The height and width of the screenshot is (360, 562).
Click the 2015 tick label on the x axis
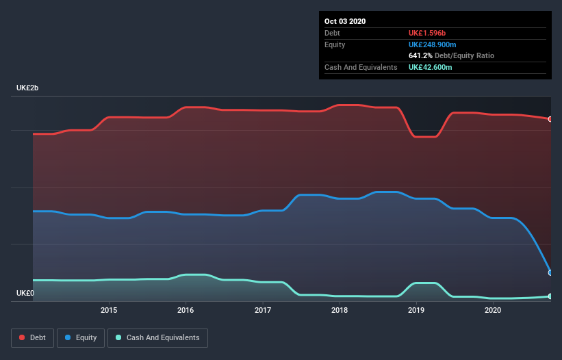tap(109, 310)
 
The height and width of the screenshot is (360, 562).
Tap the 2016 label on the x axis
tap(186, 310)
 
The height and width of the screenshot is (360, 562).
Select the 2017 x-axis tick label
tap(262, 310)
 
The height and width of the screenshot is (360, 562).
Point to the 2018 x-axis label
tap(339, 310)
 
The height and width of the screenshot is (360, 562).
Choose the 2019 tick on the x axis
tap(416, 310)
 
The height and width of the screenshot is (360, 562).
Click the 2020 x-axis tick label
tap(492, 310)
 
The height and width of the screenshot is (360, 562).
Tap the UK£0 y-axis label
tap(26, 294)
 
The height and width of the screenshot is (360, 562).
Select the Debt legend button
tap(32, 338)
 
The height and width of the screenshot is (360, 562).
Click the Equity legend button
tap(81, 338)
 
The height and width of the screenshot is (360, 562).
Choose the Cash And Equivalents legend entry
tap(157, 338)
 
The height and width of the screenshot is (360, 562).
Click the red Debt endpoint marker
tap(550, 119)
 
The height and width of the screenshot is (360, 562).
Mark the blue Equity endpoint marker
tap(550, 272)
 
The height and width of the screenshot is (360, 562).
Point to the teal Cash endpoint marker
tap(550, 296)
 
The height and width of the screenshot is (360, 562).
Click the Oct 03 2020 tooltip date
tap(345, 21)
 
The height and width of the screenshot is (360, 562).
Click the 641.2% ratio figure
tap(420, 55)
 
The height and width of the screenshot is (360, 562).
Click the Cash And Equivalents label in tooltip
tap(361, 67)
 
